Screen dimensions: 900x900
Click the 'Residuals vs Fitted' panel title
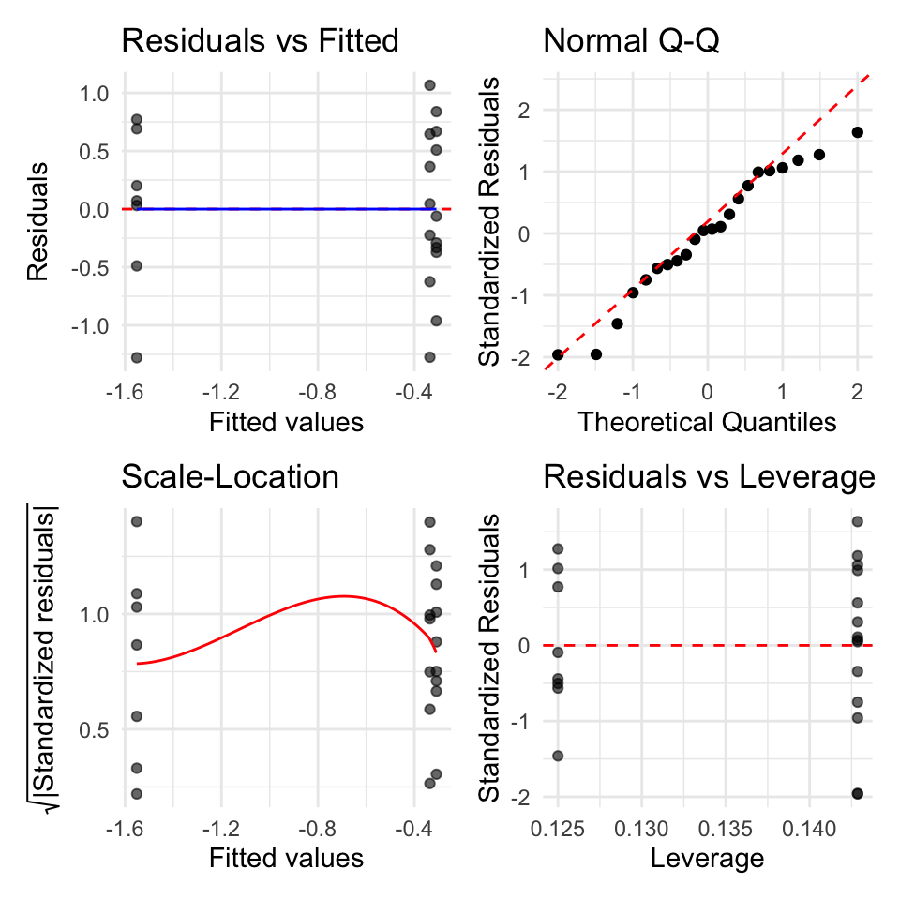260,40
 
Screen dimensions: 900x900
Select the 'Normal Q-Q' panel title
631,41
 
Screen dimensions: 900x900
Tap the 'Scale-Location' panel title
231,476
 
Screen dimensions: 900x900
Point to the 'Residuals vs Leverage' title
709,477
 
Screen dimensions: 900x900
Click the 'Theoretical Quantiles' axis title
707,422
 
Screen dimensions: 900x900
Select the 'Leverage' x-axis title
707,859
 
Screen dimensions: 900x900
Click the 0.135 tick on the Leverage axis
725,829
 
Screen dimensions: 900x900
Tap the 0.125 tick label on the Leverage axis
557,829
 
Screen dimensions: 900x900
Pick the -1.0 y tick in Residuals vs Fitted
90,326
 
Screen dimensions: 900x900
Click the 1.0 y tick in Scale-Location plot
94,615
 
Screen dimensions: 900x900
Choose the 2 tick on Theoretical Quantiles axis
857,392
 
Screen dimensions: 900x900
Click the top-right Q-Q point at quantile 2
858,132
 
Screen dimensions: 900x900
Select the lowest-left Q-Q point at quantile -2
557,354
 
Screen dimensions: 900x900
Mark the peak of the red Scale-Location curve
343,596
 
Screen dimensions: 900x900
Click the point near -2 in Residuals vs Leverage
858,794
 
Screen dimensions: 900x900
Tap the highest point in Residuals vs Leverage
858,522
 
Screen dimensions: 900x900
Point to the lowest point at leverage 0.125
558,756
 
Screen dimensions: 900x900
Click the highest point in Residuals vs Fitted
430,85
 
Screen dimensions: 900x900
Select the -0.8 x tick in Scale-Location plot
317,829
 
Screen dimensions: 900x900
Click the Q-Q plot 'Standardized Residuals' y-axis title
488,221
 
